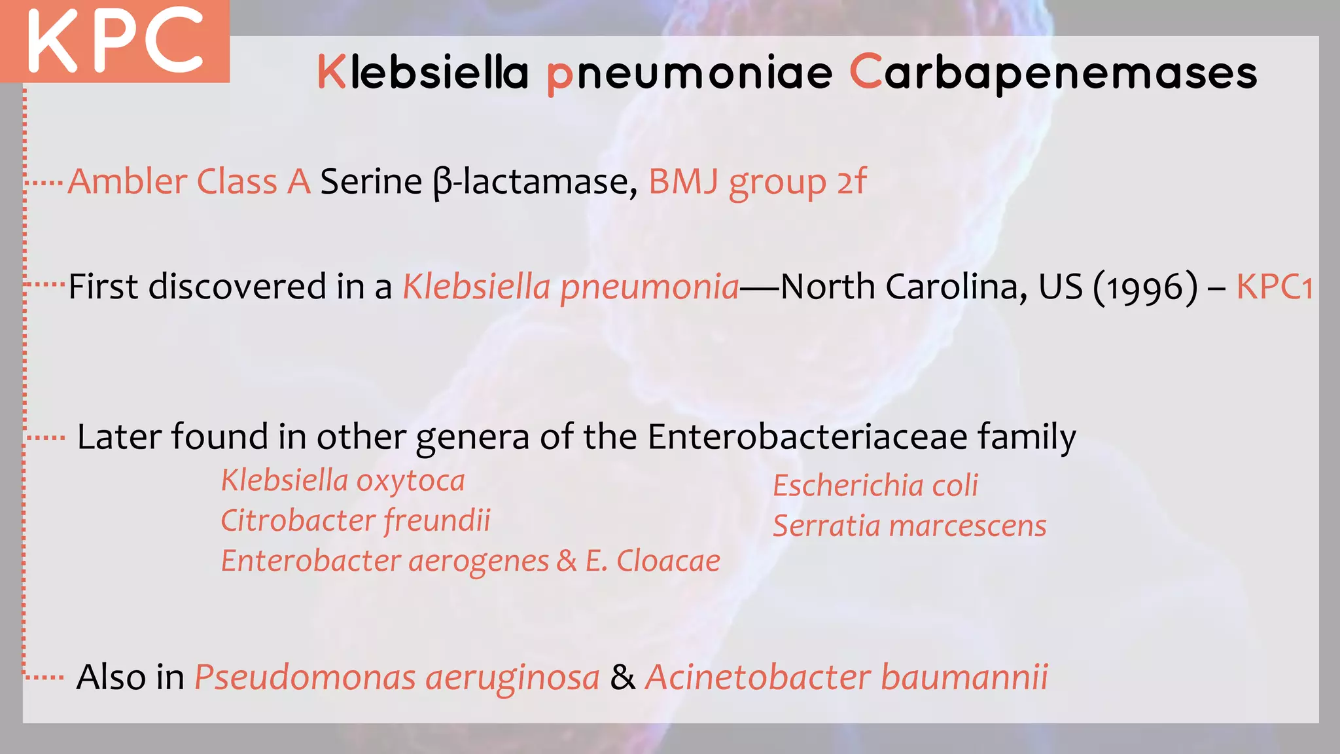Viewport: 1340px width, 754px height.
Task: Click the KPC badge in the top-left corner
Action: pyautogui.click(x=115, y=41)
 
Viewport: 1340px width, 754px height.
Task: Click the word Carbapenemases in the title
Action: pyautogui.click(x=1053, y=72)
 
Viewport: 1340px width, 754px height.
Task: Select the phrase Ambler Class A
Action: pyautogui.click(x=189, y=181)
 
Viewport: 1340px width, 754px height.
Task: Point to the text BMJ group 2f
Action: pyautogui.click(x=757, y=181)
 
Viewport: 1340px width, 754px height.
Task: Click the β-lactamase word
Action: pyautogui.click(x=535, y=181)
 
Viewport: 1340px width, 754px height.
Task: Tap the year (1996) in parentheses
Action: pyautogui.click(x=1146, y=287)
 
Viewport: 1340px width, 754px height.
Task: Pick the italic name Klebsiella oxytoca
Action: pyautogui.click(x=343, y=481)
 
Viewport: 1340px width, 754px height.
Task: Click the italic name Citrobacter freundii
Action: pyautogui.click(x=355, y=521)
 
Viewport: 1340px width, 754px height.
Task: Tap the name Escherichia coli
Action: pyautogui.click(x=875, y=486)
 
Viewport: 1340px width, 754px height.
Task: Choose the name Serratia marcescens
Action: pyautogui.click(x=909, y=526)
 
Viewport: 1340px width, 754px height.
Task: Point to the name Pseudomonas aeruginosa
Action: pyautogui.click(x=397, y=677)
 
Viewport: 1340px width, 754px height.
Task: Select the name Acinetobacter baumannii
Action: pyautogui.click(x=846, y=677)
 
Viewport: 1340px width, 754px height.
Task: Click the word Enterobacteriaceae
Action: pyautogui.click(x=807, y=437)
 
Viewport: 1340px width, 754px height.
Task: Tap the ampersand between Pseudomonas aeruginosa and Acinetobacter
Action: pyautogui.click(x=622, y=677)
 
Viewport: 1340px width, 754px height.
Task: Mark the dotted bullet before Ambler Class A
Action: pyautogui.click(x=45, y=183)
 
